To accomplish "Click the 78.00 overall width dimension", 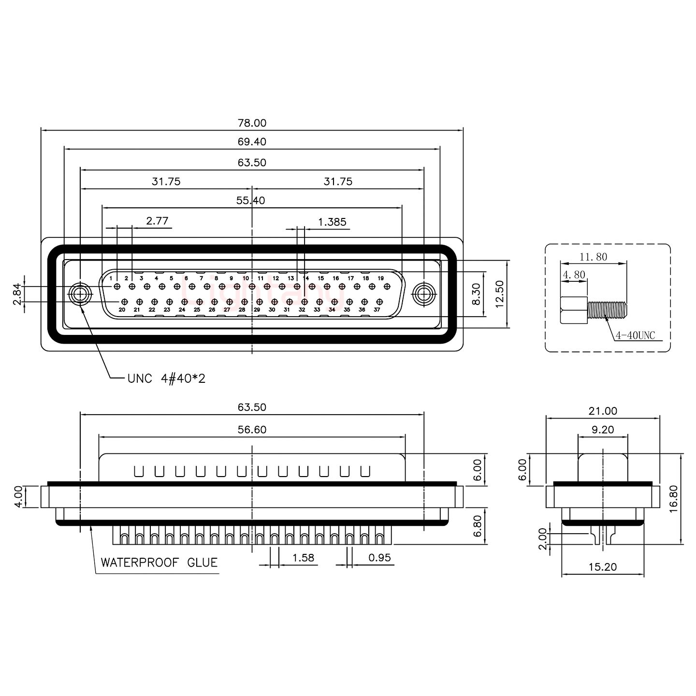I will (252, 123).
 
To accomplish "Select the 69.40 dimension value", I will (252, 142).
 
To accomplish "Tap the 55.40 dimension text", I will (251, 201).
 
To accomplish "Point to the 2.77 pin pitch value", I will (157, 221).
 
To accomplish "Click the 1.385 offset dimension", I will (332, 222).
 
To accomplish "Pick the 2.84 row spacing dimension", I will (17, 294).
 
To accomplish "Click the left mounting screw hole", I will (80, 294).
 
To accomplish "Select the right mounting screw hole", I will (424, 294).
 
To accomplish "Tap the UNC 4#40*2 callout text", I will (166, 378).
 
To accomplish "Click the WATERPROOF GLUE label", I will (159, 563).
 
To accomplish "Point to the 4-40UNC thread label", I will (635, 335).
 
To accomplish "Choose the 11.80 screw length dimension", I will (594, 257).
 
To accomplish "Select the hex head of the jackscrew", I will (574, 310).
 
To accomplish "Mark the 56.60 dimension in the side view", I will (252, 430).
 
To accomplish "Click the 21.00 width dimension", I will (603, 411).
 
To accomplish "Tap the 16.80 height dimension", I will (674, 498).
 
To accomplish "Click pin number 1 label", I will (111, 278).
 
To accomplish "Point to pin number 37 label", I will (377, 310).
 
